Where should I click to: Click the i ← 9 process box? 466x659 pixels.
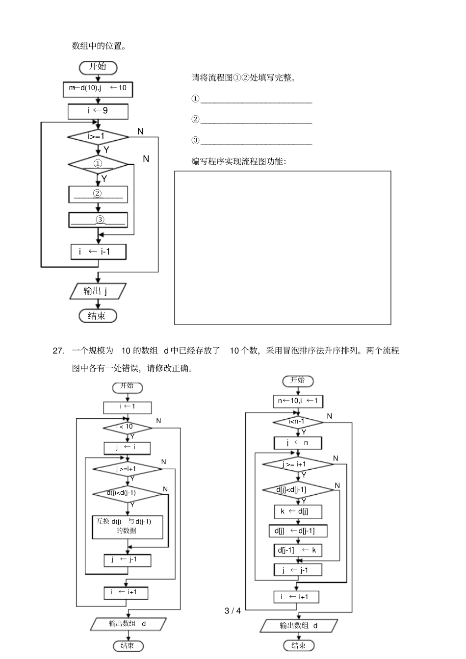[x=98, y=111]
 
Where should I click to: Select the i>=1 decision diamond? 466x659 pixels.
[x=98, y=136]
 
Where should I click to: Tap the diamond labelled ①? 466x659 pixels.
[x=98, y=164]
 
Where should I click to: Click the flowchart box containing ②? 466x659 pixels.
[x=98, y=194]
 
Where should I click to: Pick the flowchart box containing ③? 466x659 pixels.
[x=98, y=220]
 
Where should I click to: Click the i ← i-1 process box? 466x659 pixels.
[x=98, y=252]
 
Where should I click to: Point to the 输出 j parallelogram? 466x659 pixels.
[x=98, y=291]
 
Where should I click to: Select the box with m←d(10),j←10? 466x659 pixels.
[x=98, y=88]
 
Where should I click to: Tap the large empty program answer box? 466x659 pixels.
[x=283, y=248]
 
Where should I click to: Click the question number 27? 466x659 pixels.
[x=58, y=351]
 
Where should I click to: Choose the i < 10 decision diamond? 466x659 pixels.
[x=127, y=428]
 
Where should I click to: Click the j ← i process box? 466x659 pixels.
[x=127, y=448]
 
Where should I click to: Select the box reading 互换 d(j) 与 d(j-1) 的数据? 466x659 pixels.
[x=127, y=526]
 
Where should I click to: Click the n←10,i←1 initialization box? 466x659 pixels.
[x=298, y=401]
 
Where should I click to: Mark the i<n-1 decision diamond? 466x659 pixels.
[x=298, y=422]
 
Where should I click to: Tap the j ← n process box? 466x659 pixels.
[x=298, y=443]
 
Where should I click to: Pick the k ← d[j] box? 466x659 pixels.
[x=298, y=511]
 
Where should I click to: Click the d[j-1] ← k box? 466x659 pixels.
[x=298, y=550]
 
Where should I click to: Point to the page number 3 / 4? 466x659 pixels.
[x=233, y=611]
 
